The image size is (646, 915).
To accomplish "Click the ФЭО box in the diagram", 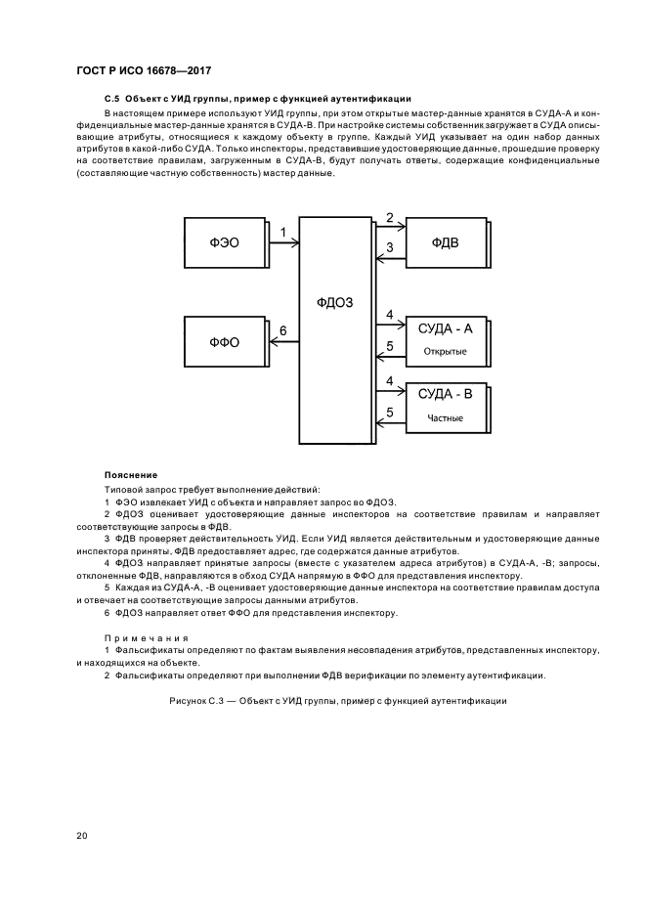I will (x=224, y=241).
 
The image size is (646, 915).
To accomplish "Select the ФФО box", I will (x=224, y=342).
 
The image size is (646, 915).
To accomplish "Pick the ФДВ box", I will (x=446, y=241).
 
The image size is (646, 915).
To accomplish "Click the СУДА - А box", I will (x=446, y=339).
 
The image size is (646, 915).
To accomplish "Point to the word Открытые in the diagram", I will (x=445, y=351).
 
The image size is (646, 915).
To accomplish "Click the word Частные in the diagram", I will (x=445, y=418).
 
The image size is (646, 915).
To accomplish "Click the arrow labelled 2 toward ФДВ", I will (x=390, y=228).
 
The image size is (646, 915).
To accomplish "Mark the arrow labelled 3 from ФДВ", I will (x=390, y=258).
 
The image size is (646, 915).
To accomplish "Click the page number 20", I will (x=82, y=835).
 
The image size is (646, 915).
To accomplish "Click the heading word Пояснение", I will (x=130, y=474).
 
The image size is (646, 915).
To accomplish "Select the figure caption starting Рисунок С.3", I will (x=337, y=701).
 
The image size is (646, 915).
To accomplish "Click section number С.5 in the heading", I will (x=110, y=100).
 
